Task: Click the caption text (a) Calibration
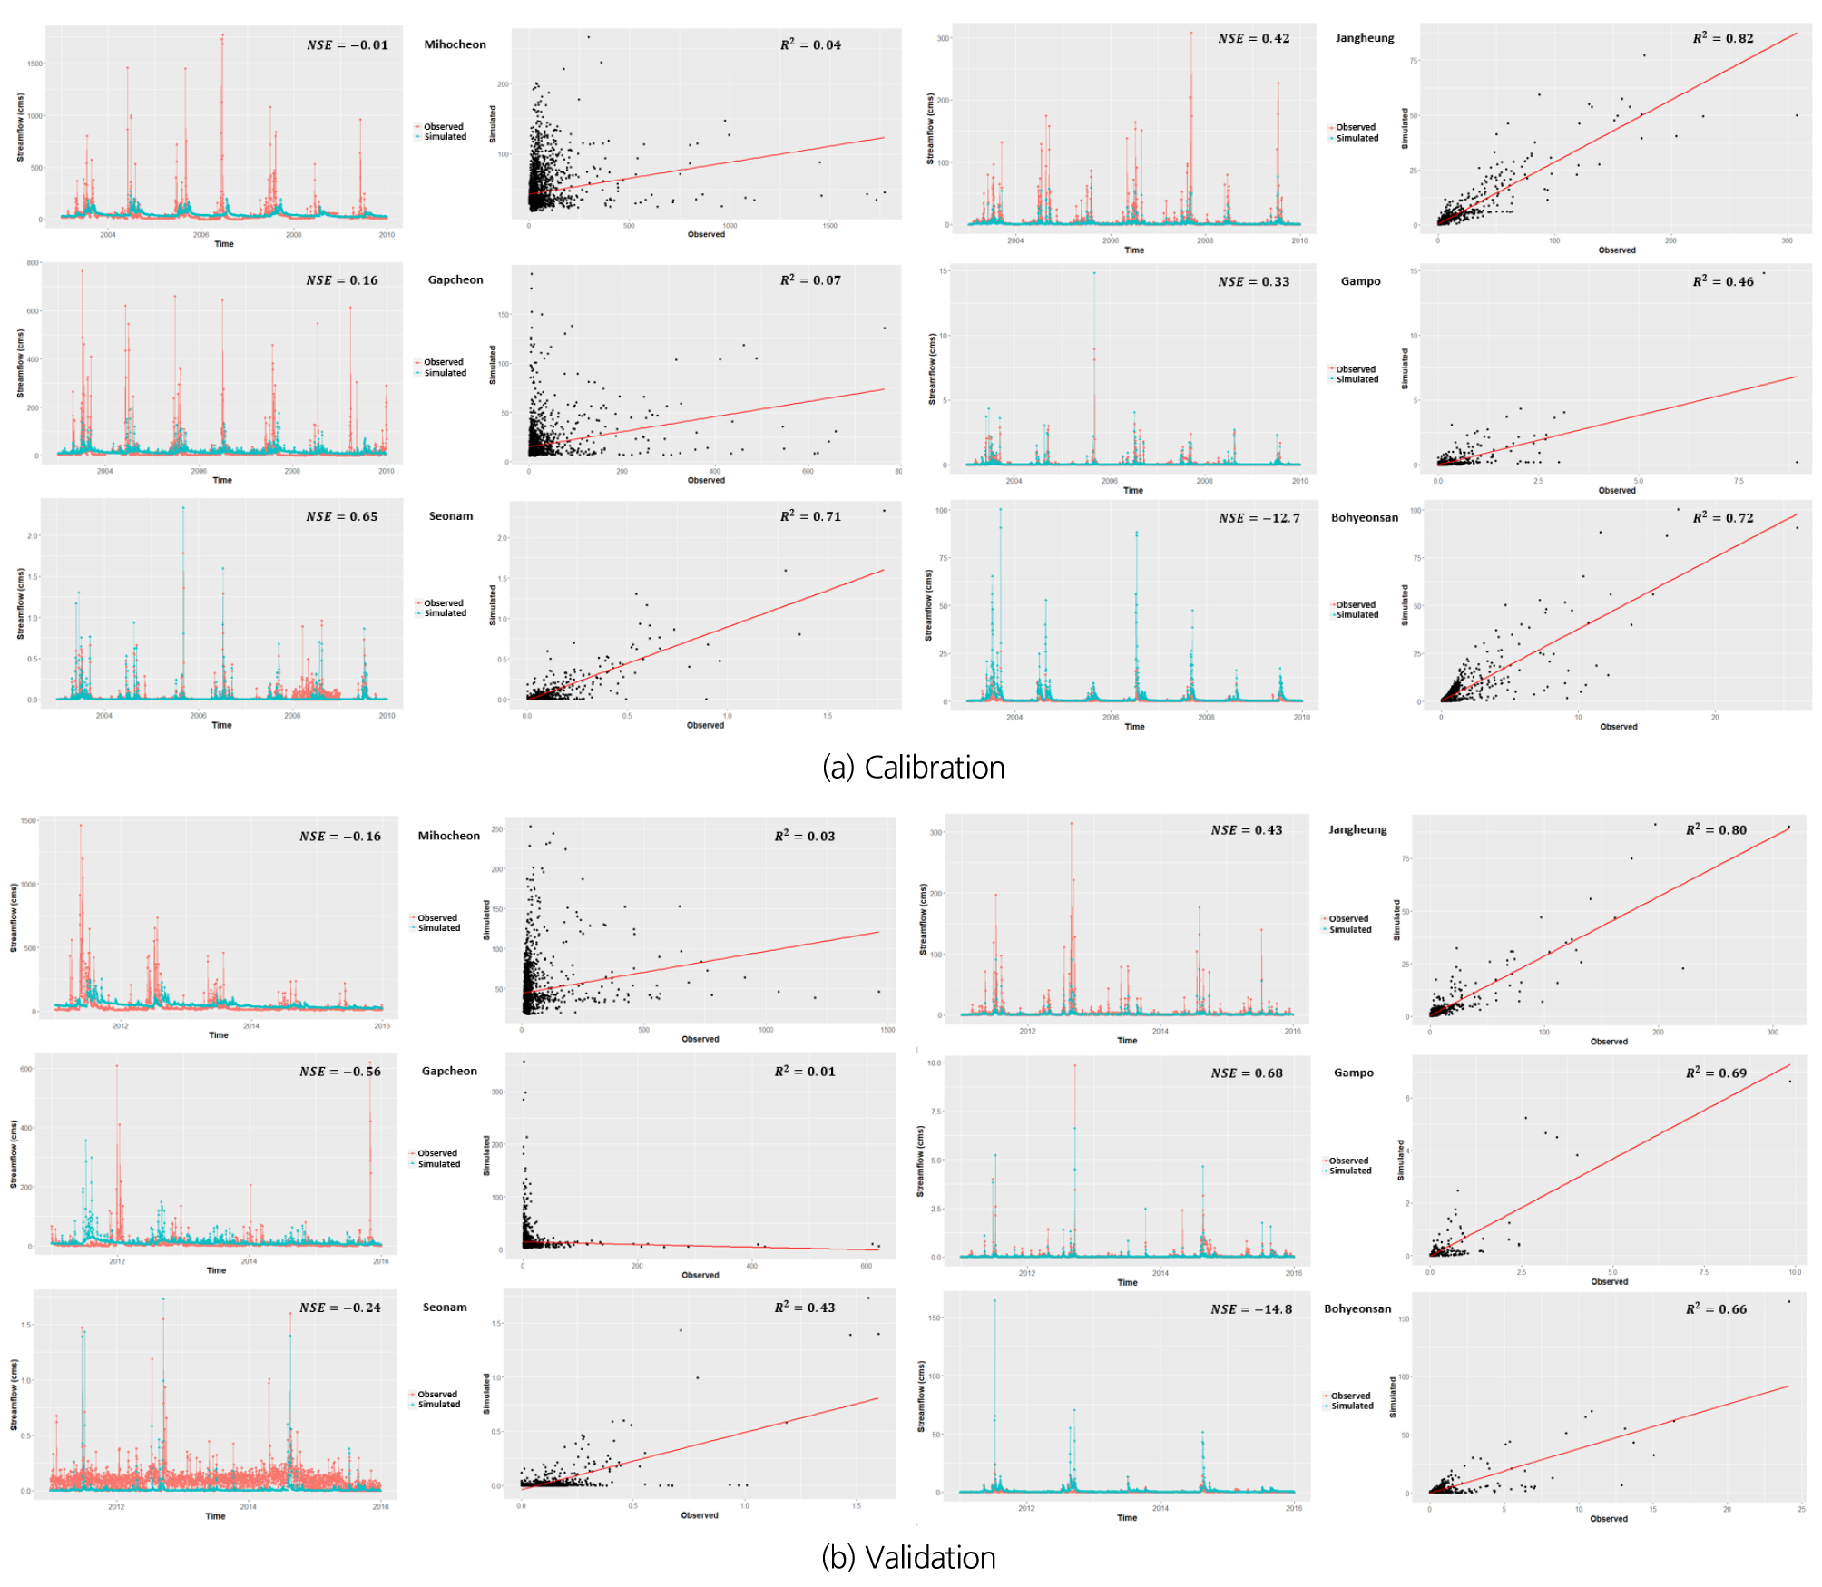pyautogui.click(x=913, y=768)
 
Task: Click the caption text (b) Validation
pyautogui.click(x=908, y=1557)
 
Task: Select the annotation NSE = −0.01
pyautogui.click(x=347, y=45)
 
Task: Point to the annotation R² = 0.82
pyautogui.click(x=1722, y=38)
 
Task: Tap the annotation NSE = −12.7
pyautogui.click(x=1259, y=518)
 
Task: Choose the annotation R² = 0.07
pyautogui.click(x=810, y=280)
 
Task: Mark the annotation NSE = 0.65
pyautogui.click(x=341, y=516)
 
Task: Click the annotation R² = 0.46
pyautogui.click(x=1722, y=281)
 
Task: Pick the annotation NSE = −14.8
pyautogui.click(x=1251, y=1309)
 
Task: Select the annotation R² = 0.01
pyautogui.click(x=804, y=1072)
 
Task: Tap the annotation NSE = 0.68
pyautogui.click(x=1247, y=1073)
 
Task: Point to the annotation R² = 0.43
pyautogui.click(x=804, y=1308)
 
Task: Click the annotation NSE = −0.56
pyautogui.click(x=340, y=1072)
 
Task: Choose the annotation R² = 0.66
pyautogui.click(x=1716, y=1309)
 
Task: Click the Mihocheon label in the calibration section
pyautogui.click(x=455, y=44)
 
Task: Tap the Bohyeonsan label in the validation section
pyautogui.click(x=1357, y=1308)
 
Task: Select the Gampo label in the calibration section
pyautogui.click(x=1360, y=281)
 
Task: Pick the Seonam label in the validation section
pyautogui.click(x=445, y=1308)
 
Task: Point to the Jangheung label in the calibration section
pyautogui.click(x=1364, y=38)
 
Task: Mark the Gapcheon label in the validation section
pyautogui.click(x=449, y=1071)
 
